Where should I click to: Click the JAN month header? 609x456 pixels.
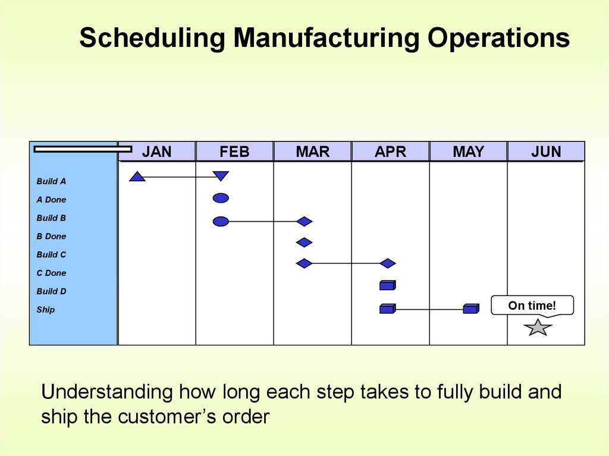click(x=156, y=152)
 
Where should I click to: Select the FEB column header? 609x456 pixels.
click(x=234, y=152)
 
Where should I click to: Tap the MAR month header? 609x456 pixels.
click(x=313, y=152)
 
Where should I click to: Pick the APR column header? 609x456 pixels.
click(x=390, y=152)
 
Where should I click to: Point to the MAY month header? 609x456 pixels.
click(x=469, y=152)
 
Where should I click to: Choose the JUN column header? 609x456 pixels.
click(x=546, y=152)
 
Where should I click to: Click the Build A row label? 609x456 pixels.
click(x=51, y=181)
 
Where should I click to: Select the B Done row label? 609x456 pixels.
click(x=51, y=236)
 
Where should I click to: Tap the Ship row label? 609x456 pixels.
click(x=45, y=310)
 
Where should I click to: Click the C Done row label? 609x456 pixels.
click(x=51, y=273)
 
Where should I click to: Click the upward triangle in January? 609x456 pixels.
click(x=137, y=177)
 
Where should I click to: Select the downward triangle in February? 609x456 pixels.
click(x=221, y=176)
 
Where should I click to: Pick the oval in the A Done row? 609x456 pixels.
click(x=221, y=198)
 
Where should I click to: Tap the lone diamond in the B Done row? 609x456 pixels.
click(x=304, y=243)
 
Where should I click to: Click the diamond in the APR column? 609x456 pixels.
click(x=388, y=263)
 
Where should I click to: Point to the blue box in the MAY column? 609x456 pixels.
click(x=471, y=309)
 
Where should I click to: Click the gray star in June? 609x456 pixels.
click(x=538, y=328)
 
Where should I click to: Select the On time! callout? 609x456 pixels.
click(x=532, y=306)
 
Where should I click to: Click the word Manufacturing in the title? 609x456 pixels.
click(x=327, y=37)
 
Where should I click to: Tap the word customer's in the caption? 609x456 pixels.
click(x=167, y=417)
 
